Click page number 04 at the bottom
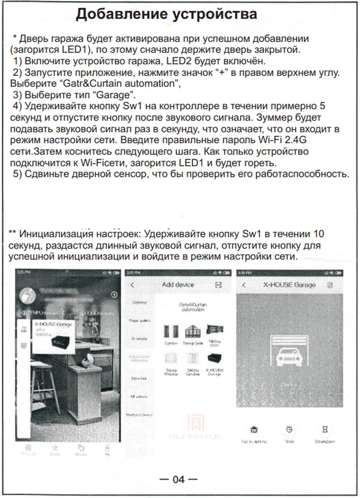(x=179, y=479)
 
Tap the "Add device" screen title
(x=178, y=285)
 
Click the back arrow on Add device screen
(x=132, y=285)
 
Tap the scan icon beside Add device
(x=218, y=285)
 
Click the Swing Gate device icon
(x=193, y=331)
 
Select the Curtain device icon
(x=171, y=331)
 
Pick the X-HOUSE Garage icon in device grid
(x=215, y=358)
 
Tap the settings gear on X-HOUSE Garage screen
(x=330, y=285)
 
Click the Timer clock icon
(x=289, y=429)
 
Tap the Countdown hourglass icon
(x=325, y=429)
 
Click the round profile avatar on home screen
(x=27, y=295)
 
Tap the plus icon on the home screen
(x=114, y=294)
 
